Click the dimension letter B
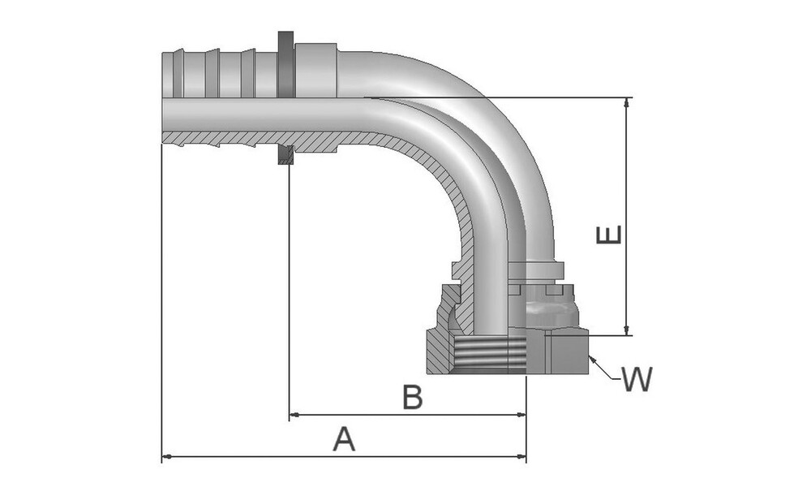pyautogui.click(x=413, y=398)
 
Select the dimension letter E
pyautogui.click(x=609, y=234)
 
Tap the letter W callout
pyautogui.click(x=636, y=379)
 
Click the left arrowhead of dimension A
pyautogui.click(x=167, y=456)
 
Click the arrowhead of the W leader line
pyautogui.click(x=592, y=360)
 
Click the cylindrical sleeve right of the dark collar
pyautogui.click(x=315, y=71)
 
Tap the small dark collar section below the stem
pyautogui.click(x=285, y=155)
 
